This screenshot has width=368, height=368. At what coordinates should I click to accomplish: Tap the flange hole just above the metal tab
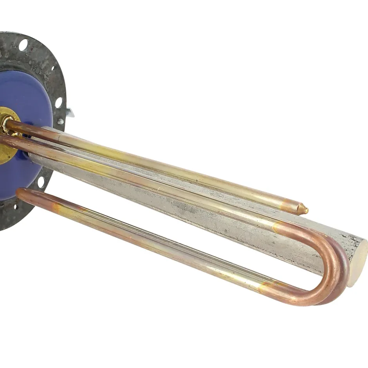click(58, 103)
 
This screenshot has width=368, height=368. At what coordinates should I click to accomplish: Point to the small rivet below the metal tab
click(61, 121)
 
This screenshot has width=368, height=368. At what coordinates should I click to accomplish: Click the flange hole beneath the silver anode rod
click(41, 182)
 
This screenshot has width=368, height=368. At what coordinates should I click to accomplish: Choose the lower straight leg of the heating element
click(157, 243)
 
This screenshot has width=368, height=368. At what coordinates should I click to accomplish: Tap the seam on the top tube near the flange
click(59, 133)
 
